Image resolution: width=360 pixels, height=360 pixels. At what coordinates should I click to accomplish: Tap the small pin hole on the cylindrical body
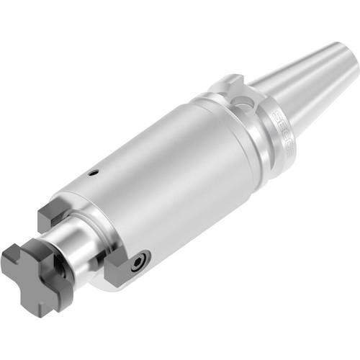[x=93, y=173]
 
